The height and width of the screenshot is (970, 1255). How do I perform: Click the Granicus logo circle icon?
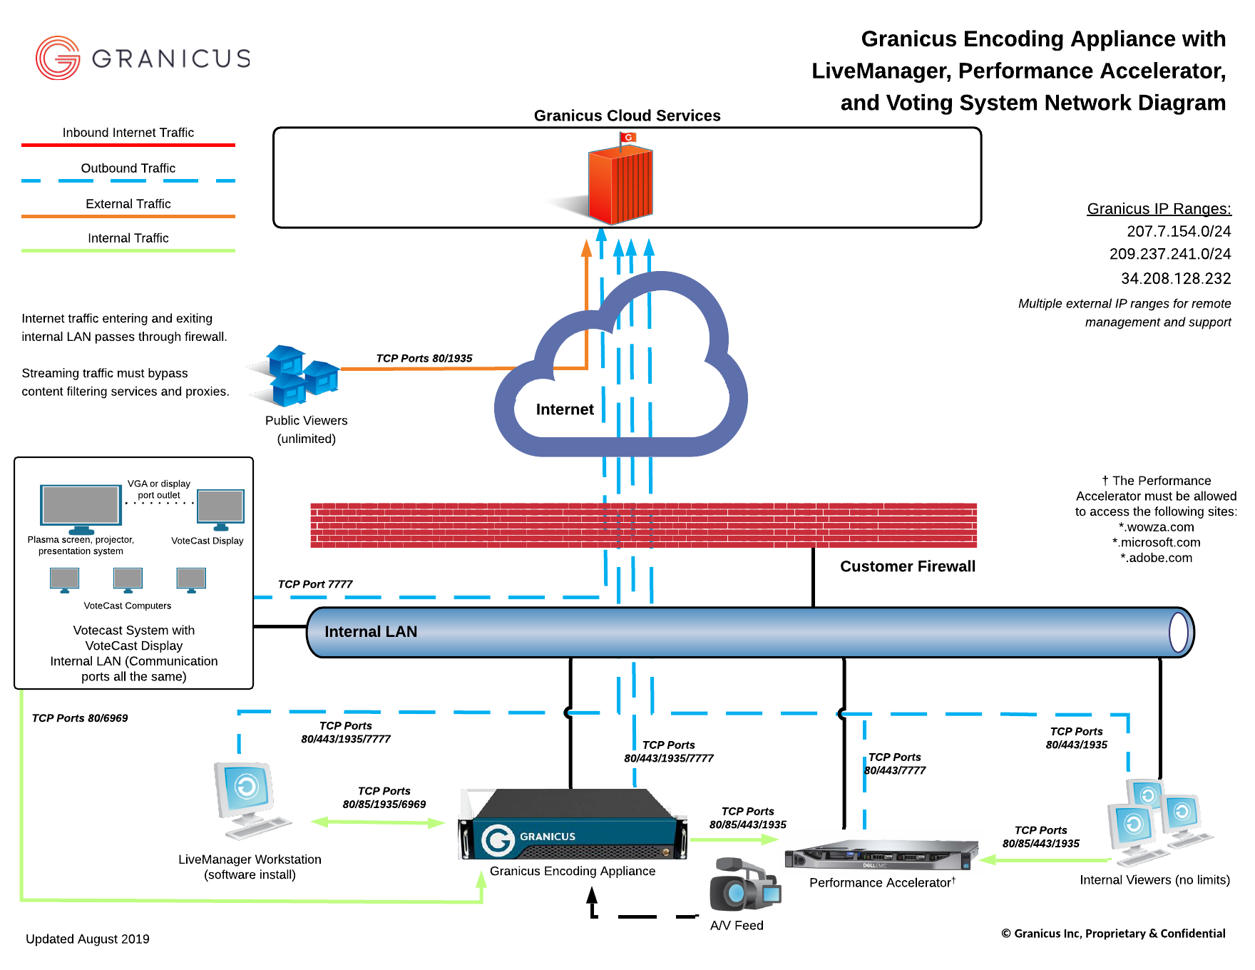tap(58, 58)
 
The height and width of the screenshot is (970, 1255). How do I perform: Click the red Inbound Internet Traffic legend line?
tap(128, 145)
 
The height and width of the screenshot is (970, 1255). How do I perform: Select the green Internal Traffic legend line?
tap(128, 250)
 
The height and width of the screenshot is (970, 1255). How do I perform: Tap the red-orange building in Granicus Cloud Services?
tap(620, 183)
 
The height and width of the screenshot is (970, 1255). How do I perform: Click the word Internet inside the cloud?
tap(564, 409)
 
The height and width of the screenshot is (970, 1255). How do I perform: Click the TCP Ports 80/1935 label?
tap(424, 358)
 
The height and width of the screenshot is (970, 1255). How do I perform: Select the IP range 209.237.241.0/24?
tap(1169, 254)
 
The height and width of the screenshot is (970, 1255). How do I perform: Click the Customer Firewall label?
tap(907, 566)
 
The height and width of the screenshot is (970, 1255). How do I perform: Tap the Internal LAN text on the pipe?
tap(370, 632)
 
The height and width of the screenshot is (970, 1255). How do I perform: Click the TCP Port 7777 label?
tap(314, 584)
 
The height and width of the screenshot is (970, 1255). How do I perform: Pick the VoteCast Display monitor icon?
tap(220, 508)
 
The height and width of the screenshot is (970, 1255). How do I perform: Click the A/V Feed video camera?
tap(744, 885)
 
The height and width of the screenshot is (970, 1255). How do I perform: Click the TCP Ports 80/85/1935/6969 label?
tap(384, 797)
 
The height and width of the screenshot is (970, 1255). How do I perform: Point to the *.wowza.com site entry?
tap(1156, 527)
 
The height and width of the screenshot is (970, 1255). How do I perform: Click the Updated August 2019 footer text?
tap(88, 939)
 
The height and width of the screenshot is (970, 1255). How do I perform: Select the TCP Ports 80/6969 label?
tap(80, 718)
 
